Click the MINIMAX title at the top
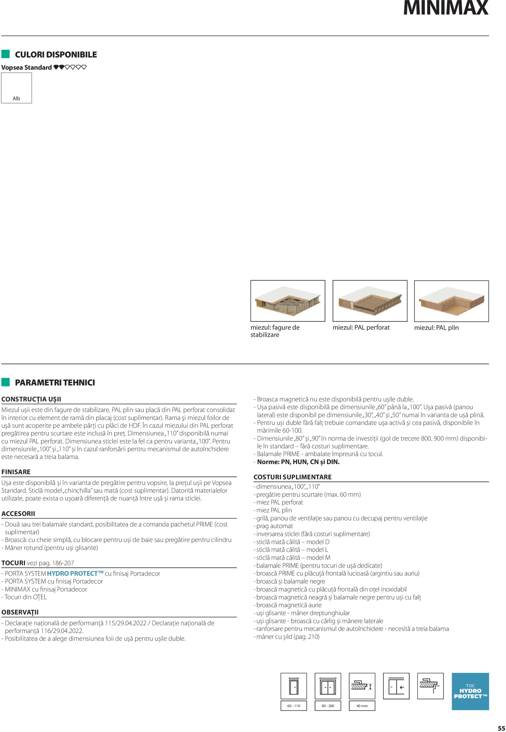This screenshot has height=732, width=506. tap(445, 8)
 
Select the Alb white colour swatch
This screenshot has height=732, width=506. tap(17, 88)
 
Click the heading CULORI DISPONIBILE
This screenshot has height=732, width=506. tap(56, 55)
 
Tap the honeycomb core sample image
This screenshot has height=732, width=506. tap(288, 301)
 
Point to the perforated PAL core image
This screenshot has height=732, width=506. tap(369, 301)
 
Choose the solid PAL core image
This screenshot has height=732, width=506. tap(451, 301)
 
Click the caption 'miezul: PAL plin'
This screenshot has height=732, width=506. tap(436, 328)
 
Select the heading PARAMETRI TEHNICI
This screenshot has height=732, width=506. tap(55, 382)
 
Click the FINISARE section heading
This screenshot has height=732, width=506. tap(16, 472)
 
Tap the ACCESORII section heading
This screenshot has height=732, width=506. tap(18, 514)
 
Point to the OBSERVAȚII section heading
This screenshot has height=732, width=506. tap(20, 612)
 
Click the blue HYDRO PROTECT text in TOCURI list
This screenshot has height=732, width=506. tap(75, 574)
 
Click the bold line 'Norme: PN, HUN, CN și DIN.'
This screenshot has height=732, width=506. tap(298, 462)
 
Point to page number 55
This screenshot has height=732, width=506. tap(501, 728)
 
